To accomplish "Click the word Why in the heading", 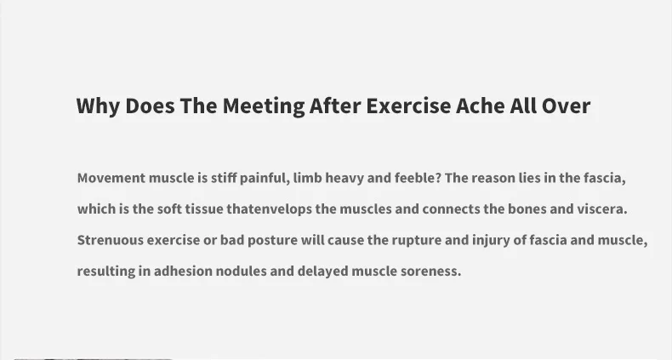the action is [x=98, y=106].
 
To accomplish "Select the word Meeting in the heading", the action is [x=263, y=106].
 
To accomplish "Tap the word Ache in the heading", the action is [x=481, y=106].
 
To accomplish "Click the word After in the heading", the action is [x=334, y=106].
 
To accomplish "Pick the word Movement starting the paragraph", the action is [x=111, y=178].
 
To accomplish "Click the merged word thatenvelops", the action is [x=269, y=209].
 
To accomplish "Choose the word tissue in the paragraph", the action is [x=204, y=209].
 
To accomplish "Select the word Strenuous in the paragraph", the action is [x=110, y=240].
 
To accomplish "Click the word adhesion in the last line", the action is [x=183, y=271].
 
